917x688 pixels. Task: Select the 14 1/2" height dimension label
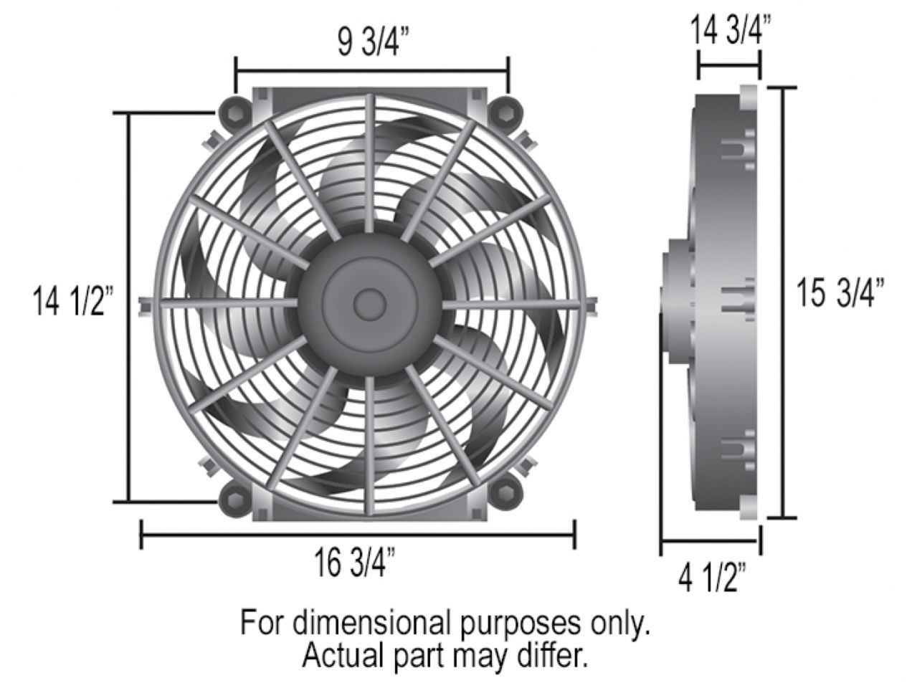pyautogui.click(x=73, y=302)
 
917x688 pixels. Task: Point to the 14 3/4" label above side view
pyautogui.click(x=731, y=32)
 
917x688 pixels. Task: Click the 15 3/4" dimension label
pyautogui.click(x=840, y=293)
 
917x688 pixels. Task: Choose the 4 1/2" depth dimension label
pyautogui.click(x=712, y=578)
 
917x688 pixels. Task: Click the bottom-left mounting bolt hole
pyautogui.click(x=233, y=495)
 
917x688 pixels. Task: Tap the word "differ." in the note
pyautogui.click(x=555, y=655)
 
